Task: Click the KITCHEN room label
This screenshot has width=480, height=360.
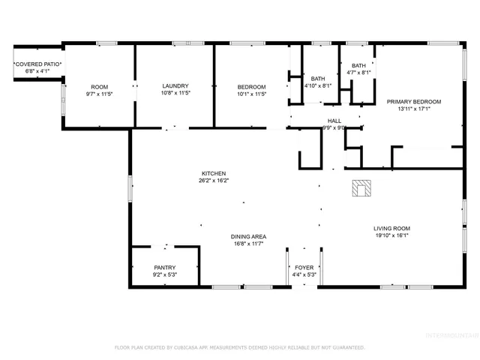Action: [213, 173]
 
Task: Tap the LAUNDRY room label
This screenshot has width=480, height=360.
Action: [174, 86]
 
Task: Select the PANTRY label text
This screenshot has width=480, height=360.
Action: [165, 267]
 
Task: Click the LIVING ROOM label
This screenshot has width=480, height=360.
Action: [391, 228]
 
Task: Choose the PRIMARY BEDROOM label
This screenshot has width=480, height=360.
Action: [413, 101]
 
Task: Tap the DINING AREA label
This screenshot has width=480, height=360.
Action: [248, 237]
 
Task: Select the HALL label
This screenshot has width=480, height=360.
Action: [334, 121]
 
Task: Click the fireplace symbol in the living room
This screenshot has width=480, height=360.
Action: [361, 188]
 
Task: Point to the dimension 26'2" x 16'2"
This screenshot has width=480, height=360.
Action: [214, 181]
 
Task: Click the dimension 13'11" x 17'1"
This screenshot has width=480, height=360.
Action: [413, 109]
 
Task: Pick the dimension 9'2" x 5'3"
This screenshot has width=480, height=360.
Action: [165, 274]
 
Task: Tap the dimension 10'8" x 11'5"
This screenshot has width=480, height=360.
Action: [174, 94]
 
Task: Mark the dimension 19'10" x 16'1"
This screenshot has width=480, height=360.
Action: [391, 235]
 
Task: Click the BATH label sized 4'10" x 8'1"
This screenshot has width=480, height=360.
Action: [318, 79]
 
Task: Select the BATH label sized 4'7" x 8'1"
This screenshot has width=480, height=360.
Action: [359, 66]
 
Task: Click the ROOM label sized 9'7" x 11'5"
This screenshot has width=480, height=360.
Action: [99, 86]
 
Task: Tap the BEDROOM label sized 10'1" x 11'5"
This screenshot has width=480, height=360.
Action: [251, 86]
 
